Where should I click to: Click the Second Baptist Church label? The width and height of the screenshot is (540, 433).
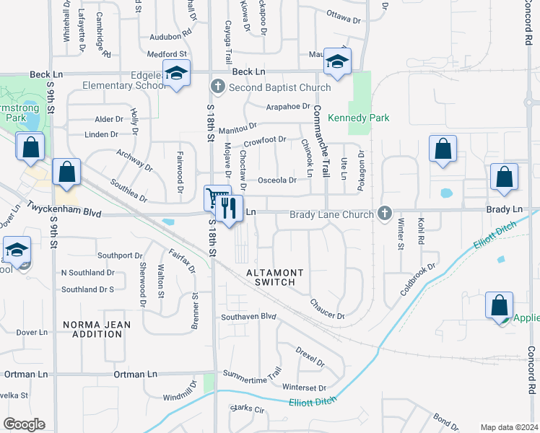(x=279, y=87)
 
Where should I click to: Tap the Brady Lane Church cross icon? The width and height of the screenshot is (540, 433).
(x=385, y=214)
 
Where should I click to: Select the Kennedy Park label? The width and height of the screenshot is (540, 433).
(x=359, y=118)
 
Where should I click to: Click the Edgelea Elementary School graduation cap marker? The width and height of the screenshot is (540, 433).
(x=176, y=73)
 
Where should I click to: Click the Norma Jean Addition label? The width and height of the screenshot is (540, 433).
(x=97, y=330)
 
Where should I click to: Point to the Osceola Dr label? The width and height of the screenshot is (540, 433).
(x=277, y=180)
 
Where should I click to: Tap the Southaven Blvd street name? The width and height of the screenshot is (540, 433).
(x=249, y=316)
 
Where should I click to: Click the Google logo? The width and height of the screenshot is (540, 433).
(x=24, y=424)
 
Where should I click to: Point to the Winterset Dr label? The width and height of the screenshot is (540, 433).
(x=304, y=388)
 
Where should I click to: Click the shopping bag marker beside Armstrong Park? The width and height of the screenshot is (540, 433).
(x=31, y=147)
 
